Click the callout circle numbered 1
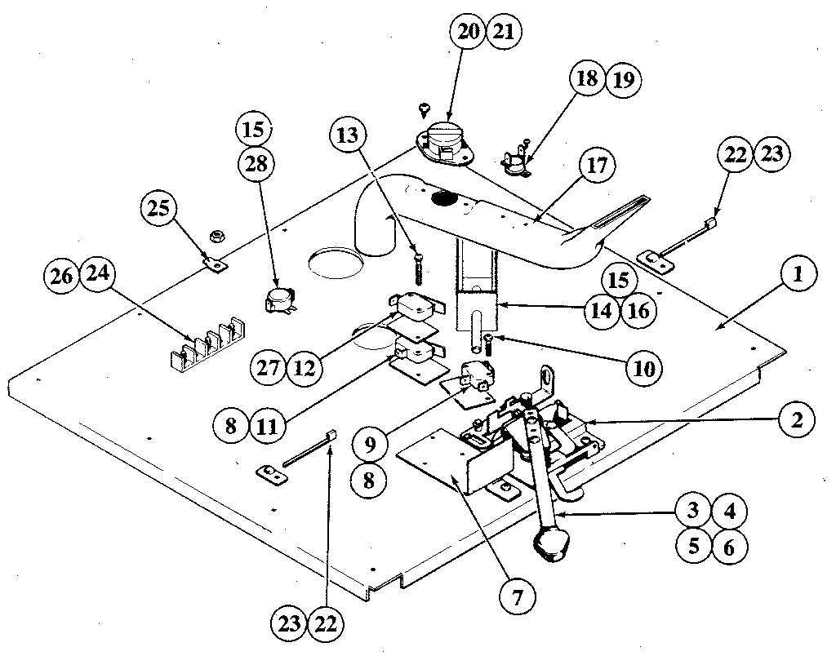(797, 275)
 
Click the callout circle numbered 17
(595, 166)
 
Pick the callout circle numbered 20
(469, 33)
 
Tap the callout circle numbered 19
(624, 79)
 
